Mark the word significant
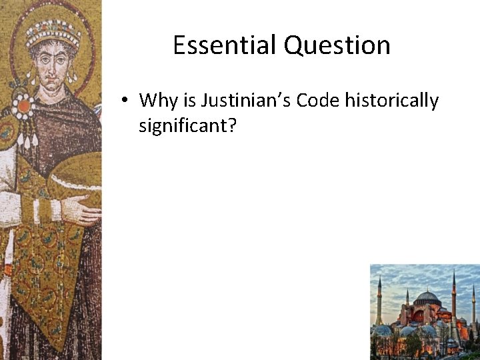click(183, 125)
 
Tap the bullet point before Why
click(125, 101)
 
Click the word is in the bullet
click(190, 101)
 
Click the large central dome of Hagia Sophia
click(427, 297)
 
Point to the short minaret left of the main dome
click(407, 300)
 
